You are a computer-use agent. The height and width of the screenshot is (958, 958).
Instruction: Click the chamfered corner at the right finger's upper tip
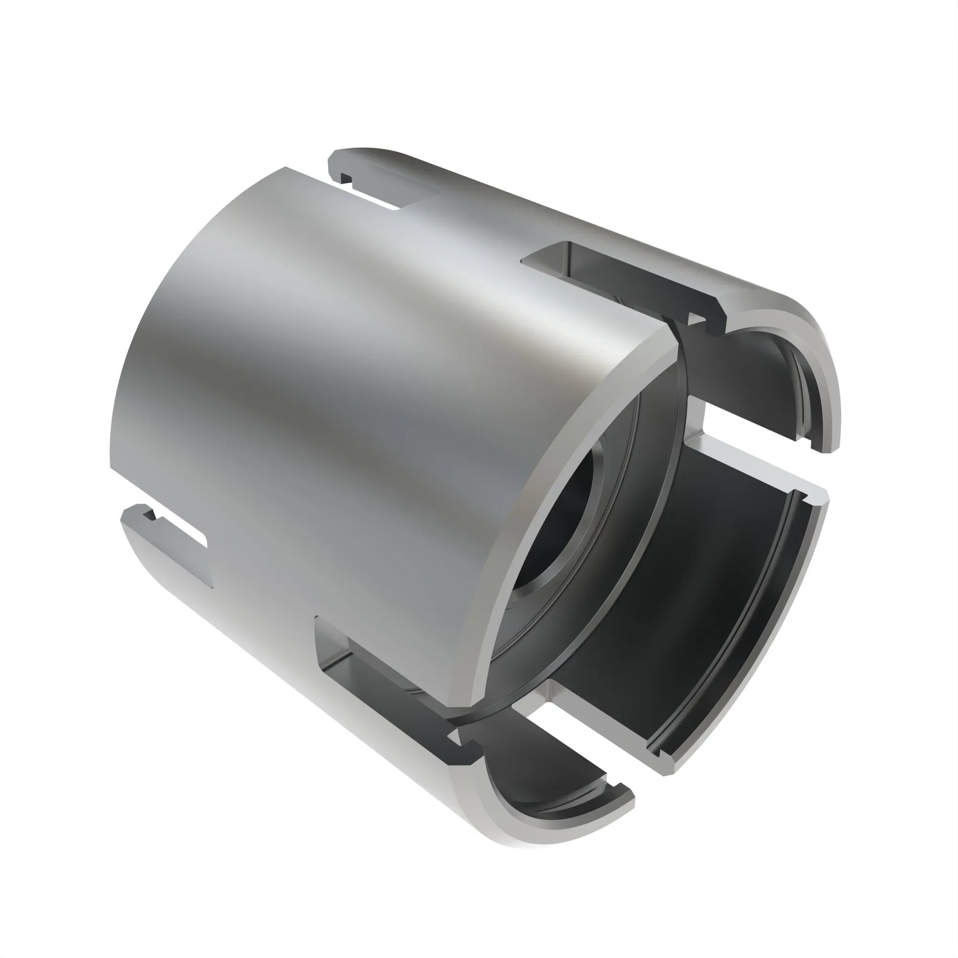pyautogui.click(x=818, y=498)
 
